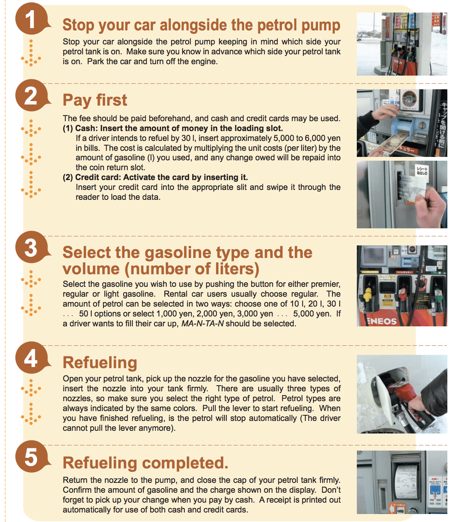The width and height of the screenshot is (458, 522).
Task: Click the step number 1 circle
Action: pos(32,19)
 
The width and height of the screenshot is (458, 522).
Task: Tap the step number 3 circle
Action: pos(32,247)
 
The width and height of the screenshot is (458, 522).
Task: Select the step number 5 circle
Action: pos(32,457)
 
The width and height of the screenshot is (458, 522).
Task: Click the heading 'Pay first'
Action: pos(95,100)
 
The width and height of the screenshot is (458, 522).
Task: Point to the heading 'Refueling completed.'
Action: pos(146,463)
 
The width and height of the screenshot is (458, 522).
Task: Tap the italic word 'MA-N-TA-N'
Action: pos(202,323)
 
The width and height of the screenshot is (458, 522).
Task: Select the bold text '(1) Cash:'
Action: pos(80,128)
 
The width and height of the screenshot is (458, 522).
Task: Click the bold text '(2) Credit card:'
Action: pos(92,177)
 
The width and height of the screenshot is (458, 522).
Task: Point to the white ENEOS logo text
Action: pos(382,321)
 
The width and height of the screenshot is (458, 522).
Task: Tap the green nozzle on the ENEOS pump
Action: pos(438,296)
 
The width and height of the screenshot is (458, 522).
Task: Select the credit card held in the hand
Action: pos(412,188)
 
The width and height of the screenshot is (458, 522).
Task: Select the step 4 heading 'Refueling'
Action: pos(100,363)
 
